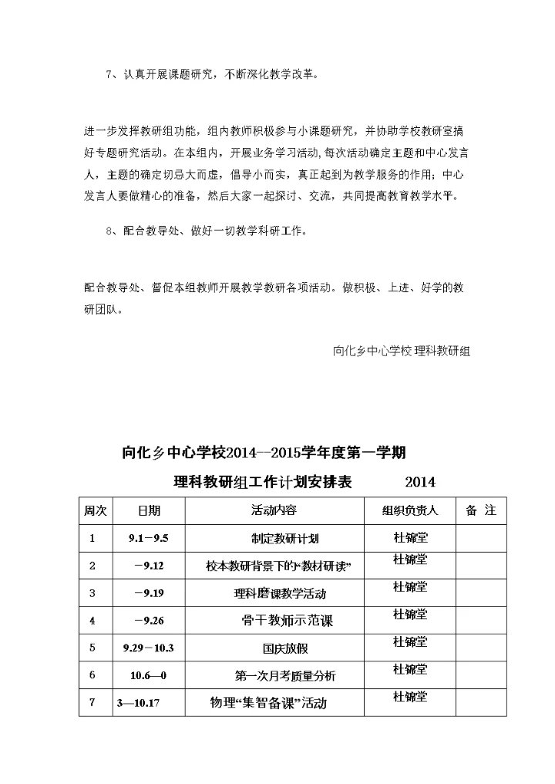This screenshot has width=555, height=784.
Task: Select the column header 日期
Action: (x=149, y=511)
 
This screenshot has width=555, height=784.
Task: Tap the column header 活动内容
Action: (x=274, y=511)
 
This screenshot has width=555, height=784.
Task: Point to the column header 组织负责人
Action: (x=409, y=511)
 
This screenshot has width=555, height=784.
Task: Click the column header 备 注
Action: (x=481, y=511)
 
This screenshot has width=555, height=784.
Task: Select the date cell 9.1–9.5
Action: (x=148, y=539)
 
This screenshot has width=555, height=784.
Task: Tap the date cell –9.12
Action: (x=149, y=566)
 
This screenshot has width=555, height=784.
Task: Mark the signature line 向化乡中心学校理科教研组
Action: (x=402, y=350)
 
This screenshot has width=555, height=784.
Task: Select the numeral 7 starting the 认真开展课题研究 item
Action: (x=108, y=75)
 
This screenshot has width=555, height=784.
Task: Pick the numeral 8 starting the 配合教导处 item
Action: (x=108, y=230)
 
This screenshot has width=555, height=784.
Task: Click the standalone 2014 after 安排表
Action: (x=420, y=483)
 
